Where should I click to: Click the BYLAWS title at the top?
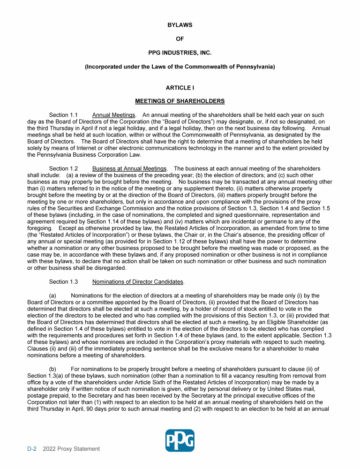point(180,25)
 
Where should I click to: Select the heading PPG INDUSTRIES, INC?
point(180,53)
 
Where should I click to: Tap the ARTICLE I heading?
point(180,88)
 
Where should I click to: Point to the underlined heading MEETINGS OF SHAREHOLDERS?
point(180,101)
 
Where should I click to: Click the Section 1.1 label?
point(63,115)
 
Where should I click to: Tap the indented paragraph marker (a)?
point(53,295)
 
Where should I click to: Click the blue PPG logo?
point(180,440)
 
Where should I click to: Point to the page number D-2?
point(33,449)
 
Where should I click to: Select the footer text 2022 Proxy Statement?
point(71,449)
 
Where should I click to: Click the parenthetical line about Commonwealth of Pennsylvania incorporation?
point(180,67)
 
